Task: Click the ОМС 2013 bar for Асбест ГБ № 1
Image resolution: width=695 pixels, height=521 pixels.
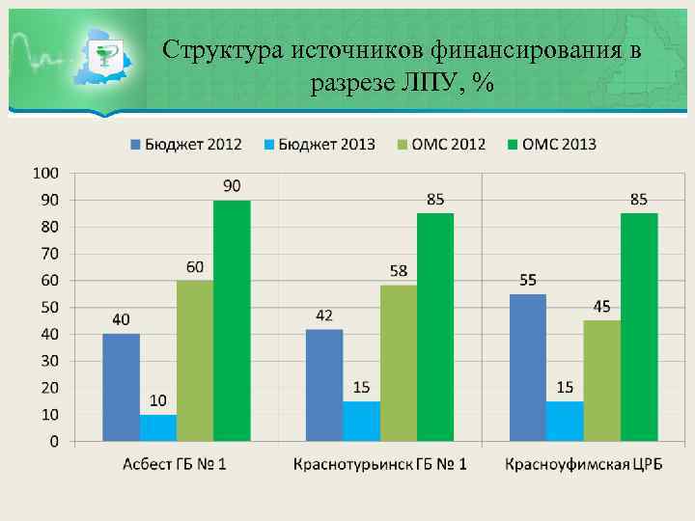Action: [x=232, y=320]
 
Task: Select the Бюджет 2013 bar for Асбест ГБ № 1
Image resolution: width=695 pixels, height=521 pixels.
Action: [x=157, y=427]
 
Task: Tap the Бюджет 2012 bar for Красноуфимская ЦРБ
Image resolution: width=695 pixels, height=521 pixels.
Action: [x=528, y=368]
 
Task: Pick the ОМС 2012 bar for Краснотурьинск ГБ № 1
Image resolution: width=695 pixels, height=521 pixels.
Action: [x=398, y=363]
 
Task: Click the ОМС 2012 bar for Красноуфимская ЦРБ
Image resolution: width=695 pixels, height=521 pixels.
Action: [x=601, y=380]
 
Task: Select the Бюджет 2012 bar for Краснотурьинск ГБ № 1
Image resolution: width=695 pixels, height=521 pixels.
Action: [x=324, y=385]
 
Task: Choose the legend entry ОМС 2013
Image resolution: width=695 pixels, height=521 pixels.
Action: [x=551, y=145]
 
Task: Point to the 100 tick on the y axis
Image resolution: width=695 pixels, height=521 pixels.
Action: [x=45, y=173]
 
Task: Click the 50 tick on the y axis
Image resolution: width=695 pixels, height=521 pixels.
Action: [x=48, y=307]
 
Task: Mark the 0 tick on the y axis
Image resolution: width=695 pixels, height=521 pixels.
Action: [x=53, y=441]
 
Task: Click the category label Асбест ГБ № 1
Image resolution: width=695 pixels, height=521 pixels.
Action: [x=175, y=465]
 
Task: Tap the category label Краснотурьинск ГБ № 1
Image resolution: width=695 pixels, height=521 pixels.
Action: [x=379, y=465]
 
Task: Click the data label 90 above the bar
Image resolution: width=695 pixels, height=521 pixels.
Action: [x=232, y=185]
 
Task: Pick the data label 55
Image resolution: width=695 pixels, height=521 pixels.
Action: [x=528, y=280]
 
